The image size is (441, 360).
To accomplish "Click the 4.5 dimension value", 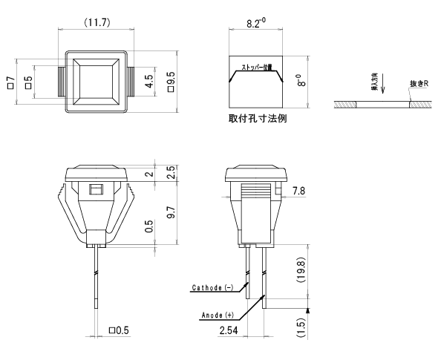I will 149,82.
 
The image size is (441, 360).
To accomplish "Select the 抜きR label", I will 419,84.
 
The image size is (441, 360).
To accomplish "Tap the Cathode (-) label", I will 212,287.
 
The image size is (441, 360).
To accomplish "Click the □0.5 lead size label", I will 120,330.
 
